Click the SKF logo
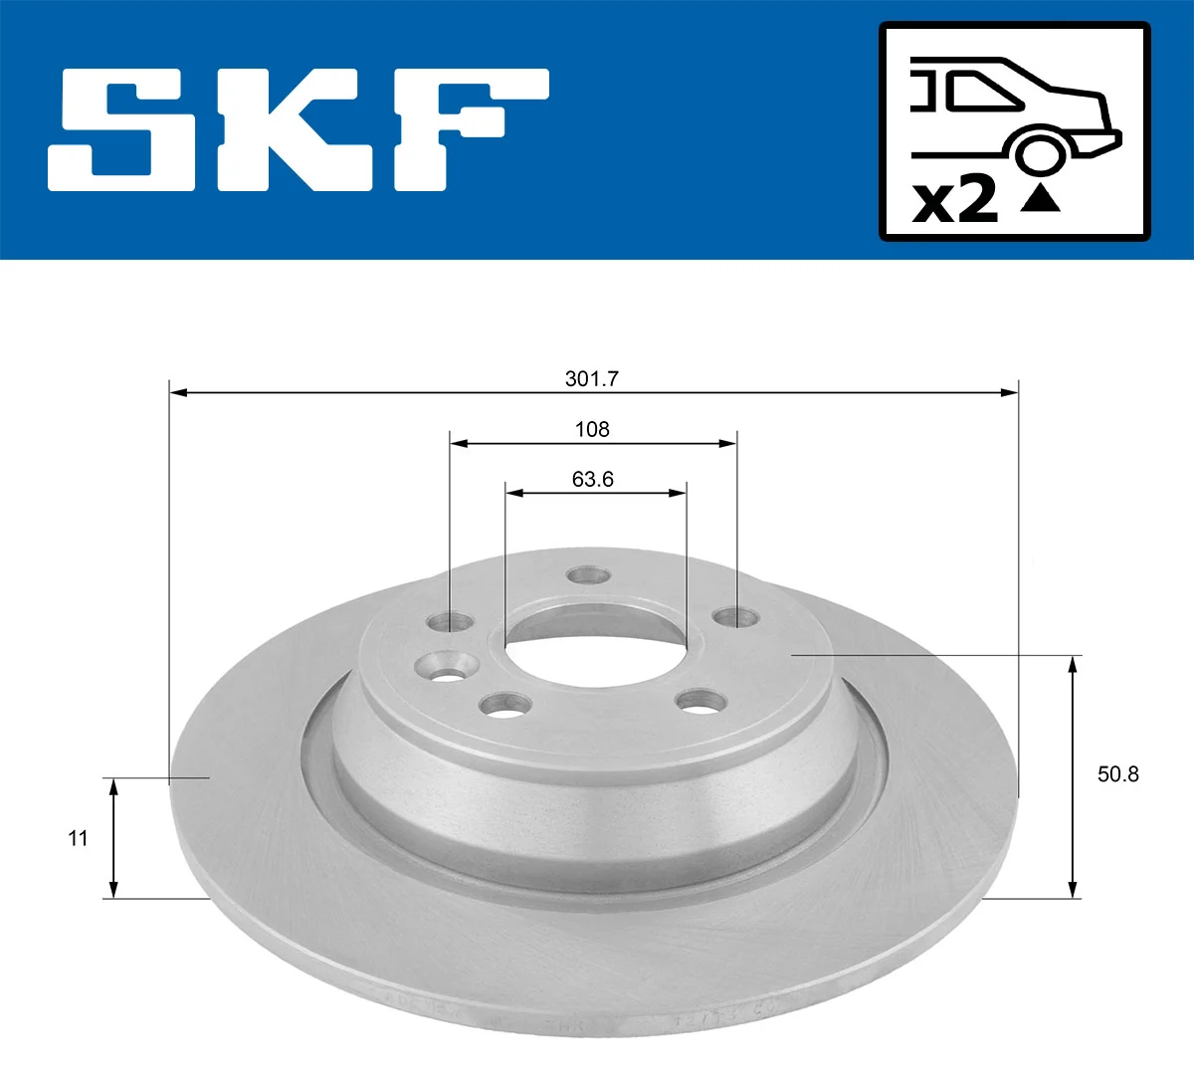(x=298, y=129)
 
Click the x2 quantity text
(x=955, y=200)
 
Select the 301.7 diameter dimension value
(x=592, y=378)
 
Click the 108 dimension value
(x=592, y=429)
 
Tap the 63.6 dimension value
(x=592, y=479)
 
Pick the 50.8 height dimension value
(x=1117, y=773)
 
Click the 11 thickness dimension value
(x=78, y=838)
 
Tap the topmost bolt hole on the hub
(x=587, y=575)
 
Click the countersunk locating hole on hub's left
(x=442, y=666)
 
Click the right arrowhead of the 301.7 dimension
(x=1012, y=393)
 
